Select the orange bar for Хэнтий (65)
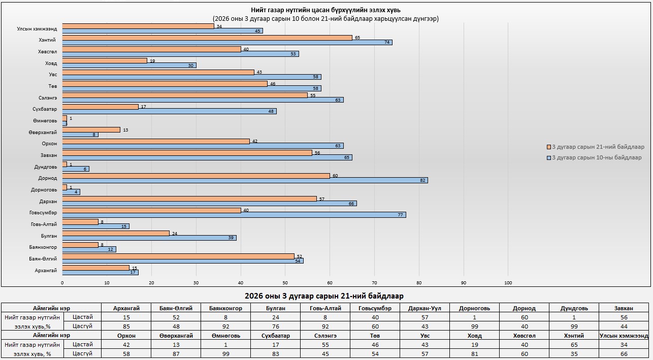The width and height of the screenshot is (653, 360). (207, 38)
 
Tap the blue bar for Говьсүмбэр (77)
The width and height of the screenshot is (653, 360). (234, 215)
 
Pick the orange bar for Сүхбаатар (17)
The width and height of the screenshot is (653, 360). (100, 107)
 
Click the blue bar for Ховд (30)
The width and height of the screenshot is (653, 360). (129, 66)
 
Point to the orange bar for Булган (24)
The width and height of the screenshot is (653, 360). (116, 233)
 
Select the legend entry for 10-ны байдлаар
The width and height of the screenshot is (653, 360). (594, 157)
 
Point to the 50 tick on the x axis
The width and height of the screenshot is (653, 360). (285, 283)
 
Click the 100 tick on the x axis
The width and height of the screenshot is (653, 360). (508, 283)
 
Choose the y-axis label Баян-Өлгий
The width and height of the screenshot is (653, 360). (44, 259)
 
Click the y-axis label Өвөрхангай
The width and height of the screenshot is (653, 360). (43, 132)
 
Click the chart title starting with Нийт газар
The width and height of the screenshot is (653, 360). (325, 10)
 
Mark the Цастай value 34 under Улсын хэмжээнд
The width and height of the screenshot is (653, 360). (623, 345)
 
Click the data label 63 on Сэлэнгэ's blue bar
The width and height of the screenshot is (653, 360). (338, 101)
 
